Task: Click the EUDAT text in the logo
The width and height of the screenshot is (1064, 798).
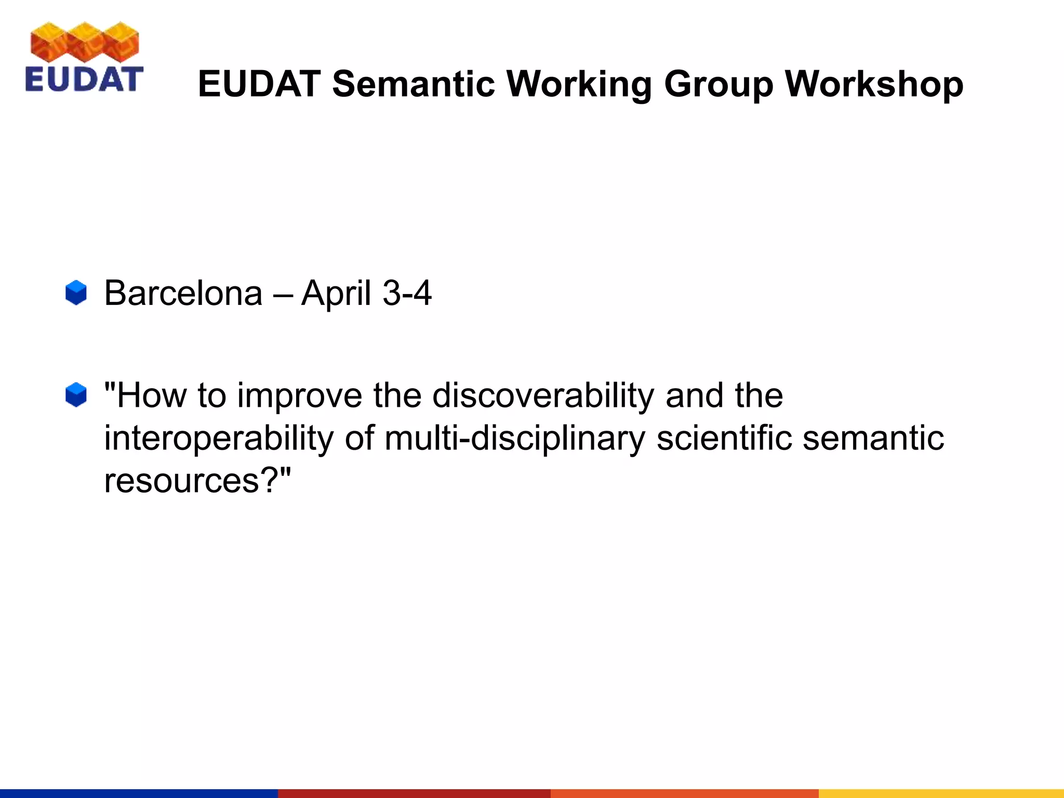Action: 84,79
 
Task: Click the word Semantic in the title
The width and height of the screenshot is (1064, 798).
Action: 414,84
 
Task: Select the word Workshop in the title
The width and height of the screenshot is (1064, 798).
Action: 874,84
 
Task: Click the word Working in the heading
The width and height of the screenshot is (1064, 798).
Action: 579,85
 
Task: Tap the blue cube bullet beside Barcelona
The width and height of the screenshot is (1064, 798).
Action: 76,292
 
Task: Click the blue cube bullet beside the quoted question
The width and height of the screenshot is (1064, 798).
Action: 76,395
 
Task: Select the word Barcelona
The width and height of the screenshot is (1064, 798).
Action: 183,293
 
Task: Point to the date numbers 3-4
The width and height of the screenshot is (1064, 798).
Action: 407,293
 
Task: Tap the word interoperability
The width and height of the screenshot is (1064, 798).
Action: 219,438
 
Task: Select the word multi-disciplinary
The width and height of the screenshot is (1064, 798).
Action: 514,438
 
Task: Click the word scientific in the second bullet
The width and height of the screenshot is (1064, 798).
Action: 724,437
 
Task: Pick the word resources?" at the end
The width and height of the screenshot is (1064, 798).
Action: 197,481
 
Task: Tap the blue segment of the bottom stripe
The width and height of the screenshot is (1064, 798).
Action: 139,793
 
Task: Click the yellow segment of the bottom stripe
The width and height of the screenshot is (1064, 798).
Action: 941,793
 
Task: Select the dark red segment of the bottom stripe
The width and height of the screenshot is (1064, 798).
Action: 414,793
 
